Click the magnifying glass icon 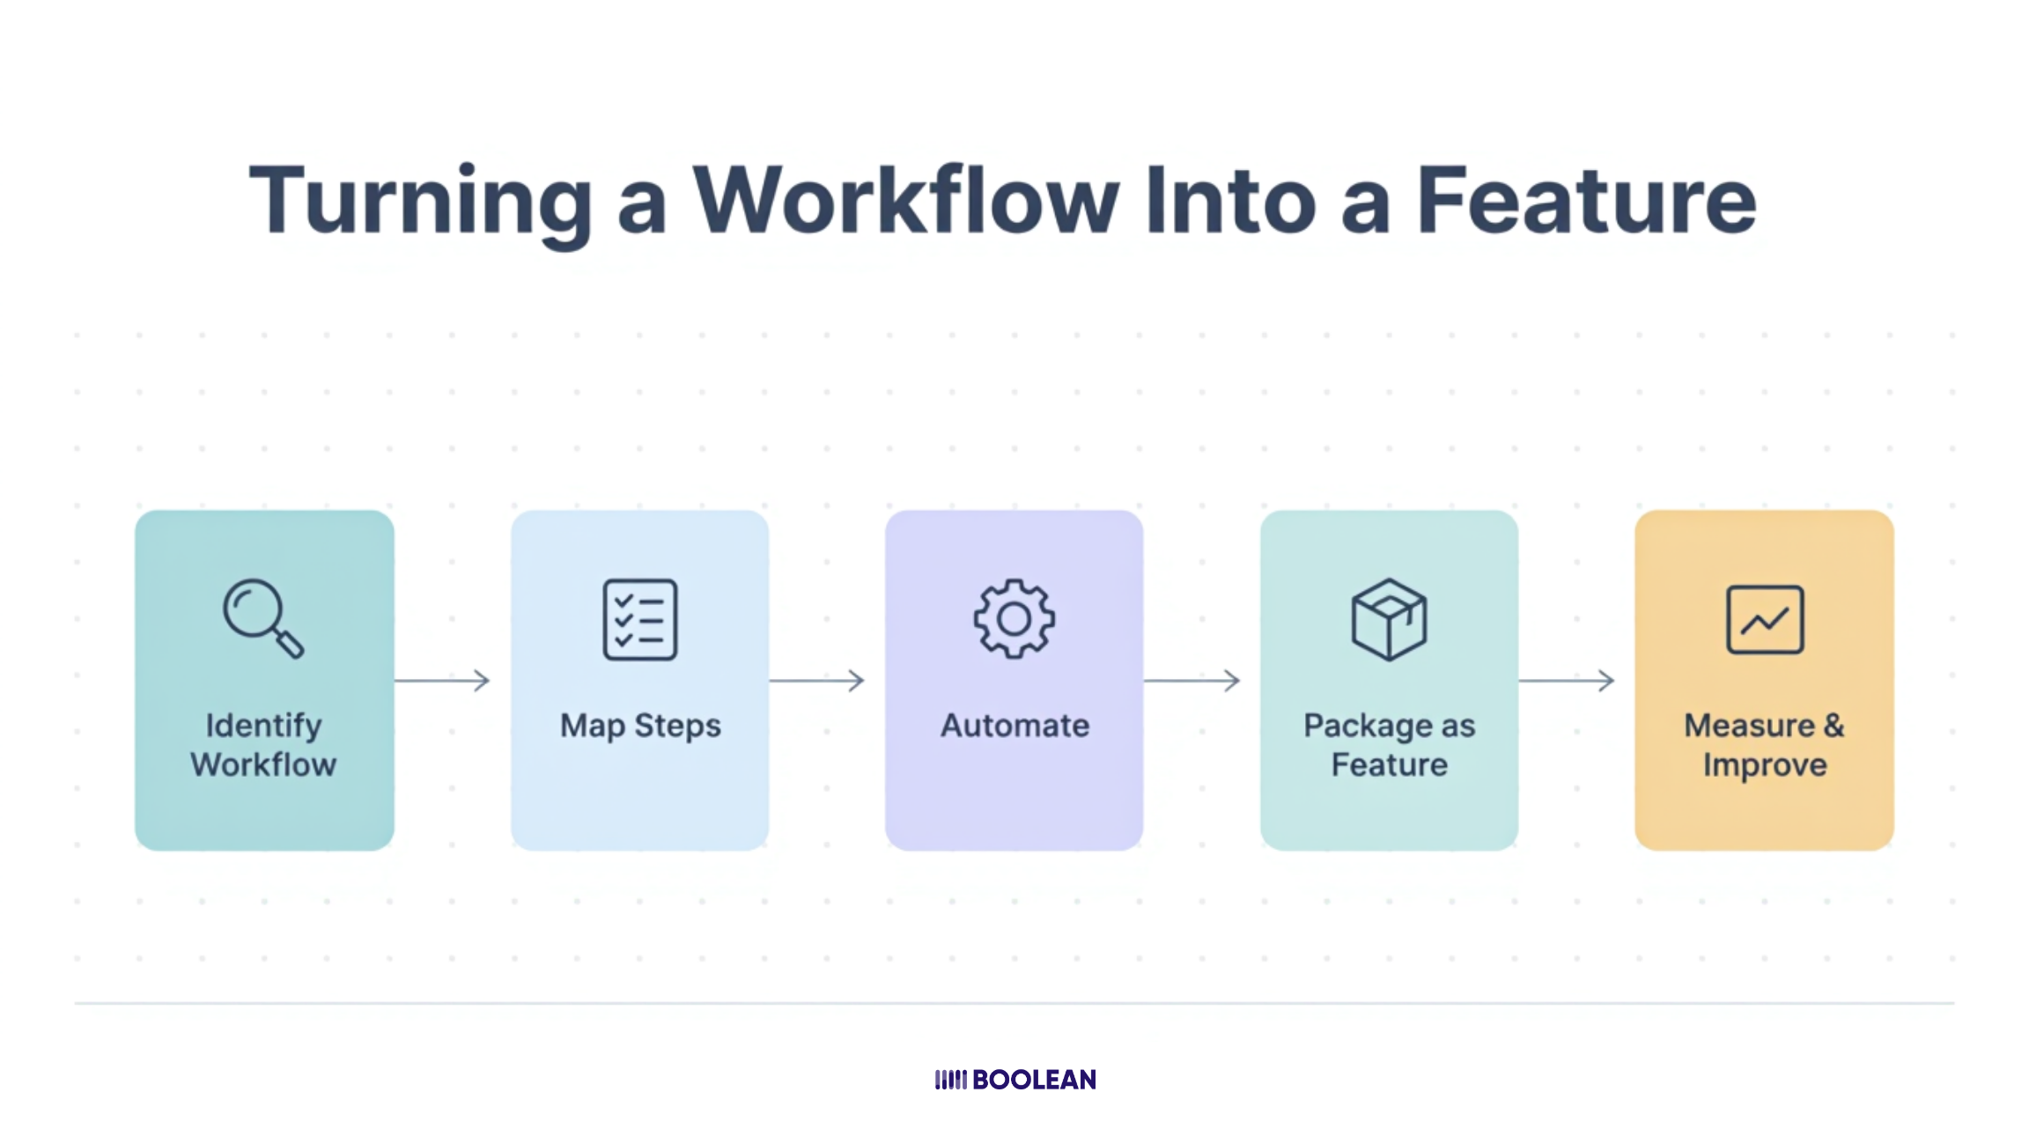tap(262, 617)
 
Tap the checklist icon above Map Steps tap(640, 619)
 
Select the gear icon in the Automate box tap(1014, 618)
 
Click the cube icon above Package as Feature tap(1389, 619)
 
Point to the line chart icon tap(1765, 619)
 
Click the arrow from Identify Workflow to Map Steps tap(442, 680)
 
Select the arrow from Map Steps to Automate tap(817, 680)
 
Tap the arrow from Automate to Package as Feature tap(1192, 680)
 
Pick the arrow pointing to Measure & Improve tap(1567, 680)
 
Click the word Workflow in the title tap(906, 202)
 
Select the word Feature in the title tap(1586, 202)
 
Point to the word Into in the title tap(1230, 202)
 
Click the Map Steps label tap(640, 726)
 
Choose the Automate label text tap(1014, 726)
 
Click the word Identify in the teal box tap(263, 726)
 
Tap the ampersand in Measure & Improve tap(1833, 726)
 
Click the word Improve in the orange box tap(1765, 764)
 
